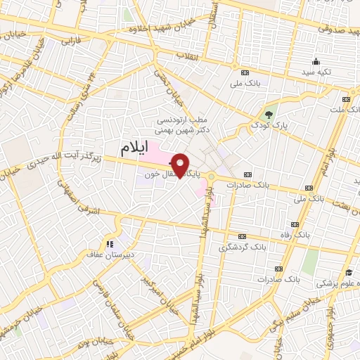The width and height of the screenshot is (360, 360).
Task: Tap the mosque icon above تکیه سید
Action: point(316,61)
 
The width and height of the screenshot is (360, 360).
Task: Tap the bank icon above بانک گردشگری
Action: point(243,236)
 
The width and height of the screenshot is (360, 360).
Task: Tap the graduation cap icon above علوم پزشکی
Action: point(349,273)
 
